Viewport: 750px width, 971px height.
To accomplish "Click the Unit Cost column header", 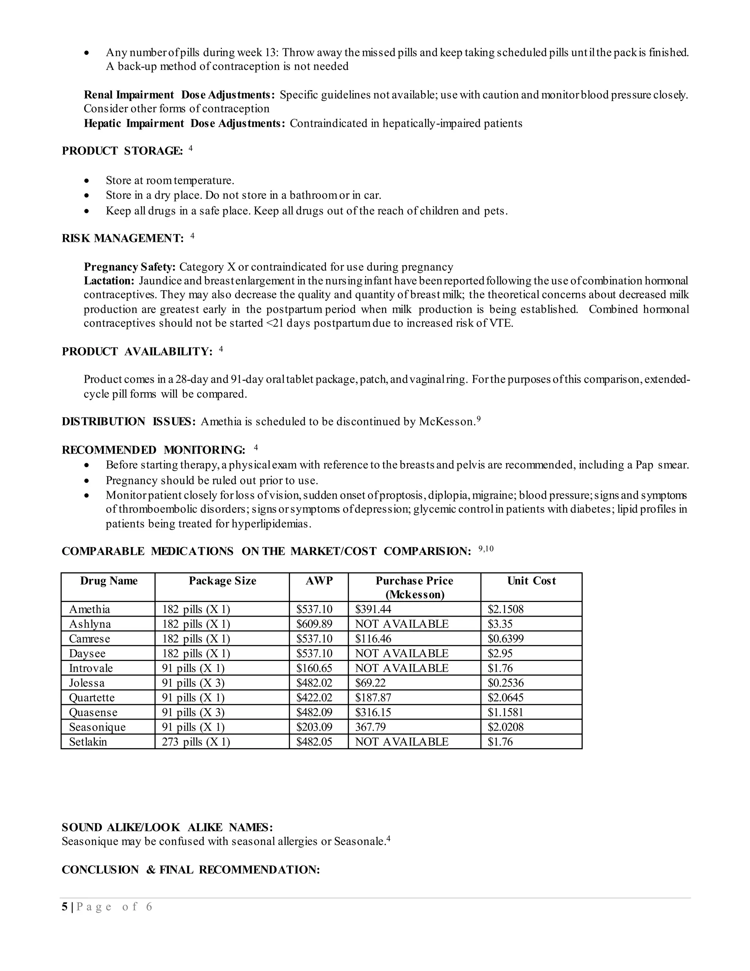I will [531, 581].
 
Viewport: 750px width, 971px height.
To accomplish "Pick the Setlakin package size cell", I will [196, 742].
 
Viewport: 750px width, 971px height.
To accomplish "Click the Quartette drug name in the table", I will [92, 698].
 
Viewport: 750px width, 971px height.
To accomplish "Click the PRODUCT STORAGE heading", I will [122, 151].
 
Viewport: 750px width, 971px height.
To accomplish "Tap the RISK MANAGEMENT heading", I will [123, 239].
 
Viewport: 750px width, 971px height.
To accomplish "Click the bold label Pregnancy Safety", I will [130, 267].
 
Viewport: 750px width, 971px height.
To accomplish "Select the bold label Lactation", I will [109, 281].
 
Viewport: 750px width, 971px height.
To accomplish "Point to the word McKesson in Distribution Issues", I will [446, 421].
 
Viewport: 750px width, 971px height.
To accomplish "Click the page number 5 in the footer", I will [65, 907].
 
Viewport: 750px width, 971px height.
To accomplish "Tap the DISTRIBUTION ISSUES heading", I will [129, 421].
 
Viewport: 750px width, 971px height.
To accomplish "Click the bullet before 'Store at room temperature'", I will [87, 181].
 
